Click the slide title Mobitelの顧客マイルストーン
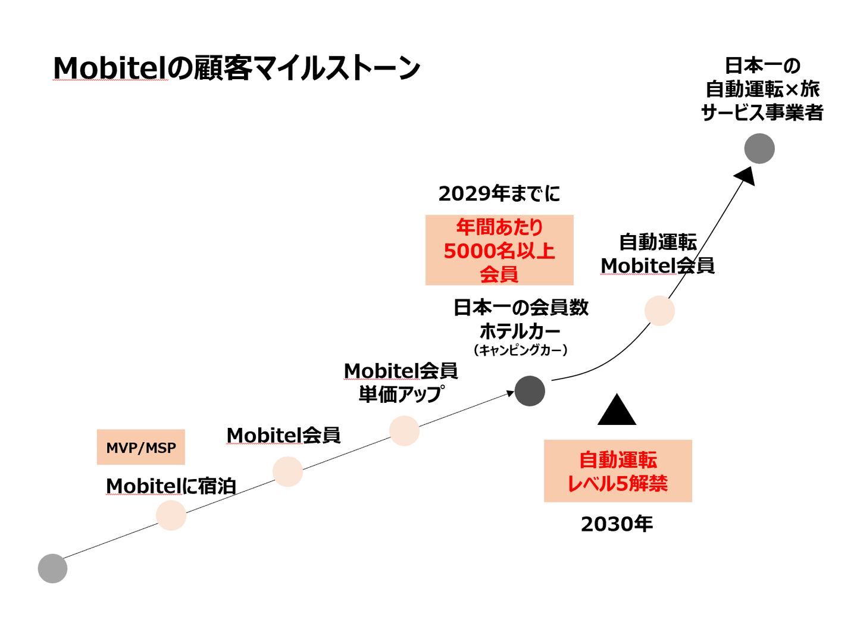click(x=236, y=68)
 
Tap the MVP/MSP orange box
click(x=141, y=448)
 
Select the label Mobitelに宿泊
click(x=171, y=486)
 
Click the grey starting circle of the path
click(x=52, y=568)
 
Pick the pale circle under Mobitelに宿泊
click(x=171, y=515)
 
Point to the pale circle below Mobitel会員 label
click(x=287, y=471)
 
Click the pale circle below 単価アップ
click(x=404, y=430)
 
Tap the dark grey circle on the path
click(x=530, y=391)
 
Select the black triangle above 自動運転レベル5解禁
click(x=617, y=411)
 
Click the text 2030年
click(x=617, y=524)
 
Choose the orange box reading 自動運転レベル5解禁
click(x=618, y=471)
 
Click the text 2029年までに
click(x=499, y=193)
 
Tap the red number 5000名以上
click(x=499, y=251)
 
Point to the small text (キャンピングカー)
click(x=520, y=351)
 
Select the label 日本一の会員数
click(x=521, y=308)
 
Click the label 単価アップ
click(x=401, y=394)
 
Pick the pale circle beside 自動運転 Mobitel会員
click(x=659, y=311)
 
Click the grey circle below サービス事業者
click(x=759, y=149)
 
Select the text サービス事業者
click(x=762, y=112)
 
